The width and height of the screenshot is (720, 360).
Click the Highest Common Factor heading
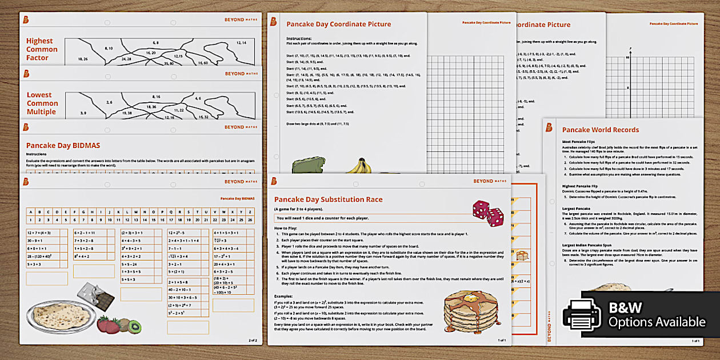pos(39,49)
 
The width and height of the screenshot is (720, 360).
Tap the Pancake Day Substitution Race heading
pos(328,199)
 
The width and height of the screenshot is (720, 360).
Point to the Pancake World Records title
pos(600,130)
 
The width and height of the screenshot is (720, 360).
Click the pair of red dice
pos(488,213)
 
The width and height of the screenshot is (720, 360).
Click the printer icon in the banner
pos(582,314)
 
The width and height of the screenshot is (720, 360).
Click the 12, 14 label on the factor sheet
pos(241,43)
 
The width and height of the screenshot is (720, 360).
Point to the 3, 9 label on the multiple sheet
pos(83,113)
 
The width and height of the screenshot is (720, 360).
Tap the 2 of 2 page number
pos(253,340)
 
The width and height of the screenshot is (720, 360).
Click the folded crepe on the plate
pos(54,315)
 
